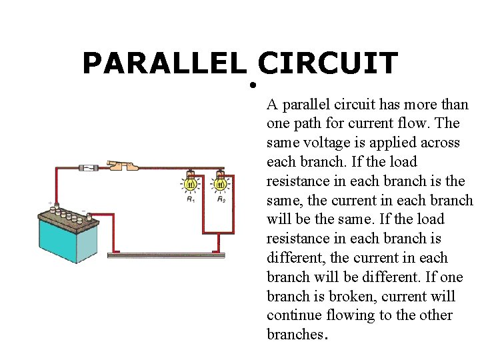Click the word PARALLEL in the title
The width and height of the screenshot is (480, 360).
pos(164,64)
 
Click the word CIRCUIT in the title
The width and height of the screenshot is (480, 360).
pos(327,64)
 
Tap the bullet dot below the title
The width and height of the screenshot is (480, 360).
pos(254,86)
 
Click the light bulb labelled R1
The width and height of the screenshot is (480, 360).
pos(190,183)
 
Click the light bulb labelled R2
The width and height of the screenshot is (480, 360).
pos(221,183)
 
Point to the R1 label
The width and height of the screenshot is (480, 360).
pos(191,199)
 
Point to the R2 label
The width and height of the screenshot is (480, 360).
pos(221,199)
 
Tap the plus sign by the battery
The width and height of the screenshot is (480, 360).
pos(49,203)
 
